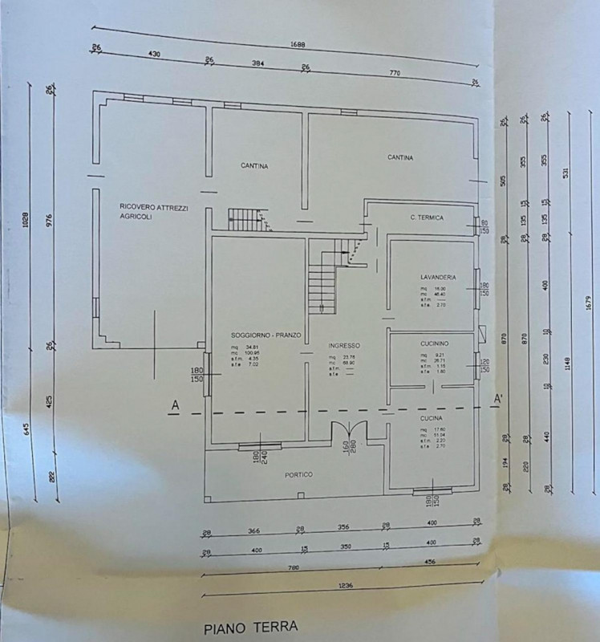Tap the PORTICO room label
[x=298, y=475]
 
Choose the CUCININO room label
[x=434, y=343]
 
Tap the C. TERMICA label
[x=426, y=217]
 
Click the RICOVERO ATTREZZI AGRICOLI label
[x=154, y=212]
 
